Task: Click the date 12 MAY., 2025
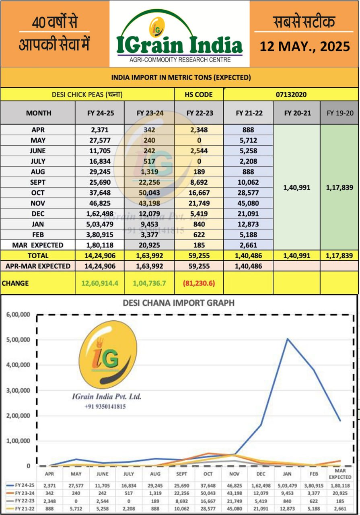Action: [304, 46]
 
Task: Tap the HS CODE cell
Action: [199, 95]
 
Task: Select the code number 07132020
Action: [291, 95]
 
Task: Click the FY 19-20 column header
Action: [339, 113]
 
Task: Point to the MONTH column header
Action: [39, 113]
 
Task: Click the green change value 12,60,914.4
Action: [100, 283]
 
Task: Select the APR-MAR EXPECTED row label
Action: [38, 266]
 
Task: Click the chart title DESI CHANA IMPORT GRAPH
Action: [178, 303]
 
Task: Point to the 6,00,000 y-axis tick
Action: [17, 315]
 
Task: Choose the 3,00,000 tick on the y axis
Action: [17, 390]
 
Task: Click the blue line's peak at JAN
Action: [287, 339]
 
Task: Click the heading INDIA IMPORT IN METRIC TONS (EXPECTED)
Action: [181, 77]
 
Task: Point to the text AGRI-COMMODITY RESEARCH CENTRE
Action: [180, 60]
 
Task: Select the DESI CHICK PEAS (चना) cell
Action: [87, 95]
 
